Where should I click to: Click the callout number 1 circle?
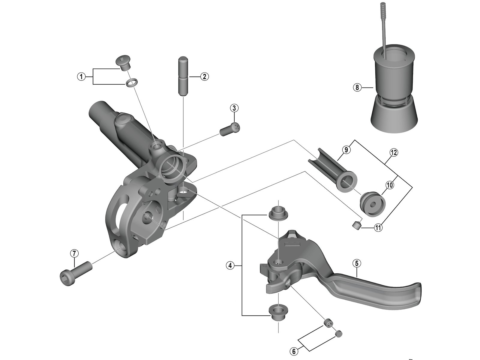80,76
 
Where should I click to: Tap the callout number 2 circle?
204,76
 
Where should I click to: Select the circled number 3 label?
234,108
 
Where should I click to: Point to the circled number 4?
230,265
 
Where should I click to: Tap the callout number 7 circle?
74,253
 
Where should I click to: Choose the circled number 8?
357,88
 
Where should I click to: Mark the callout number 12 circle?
394,153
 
